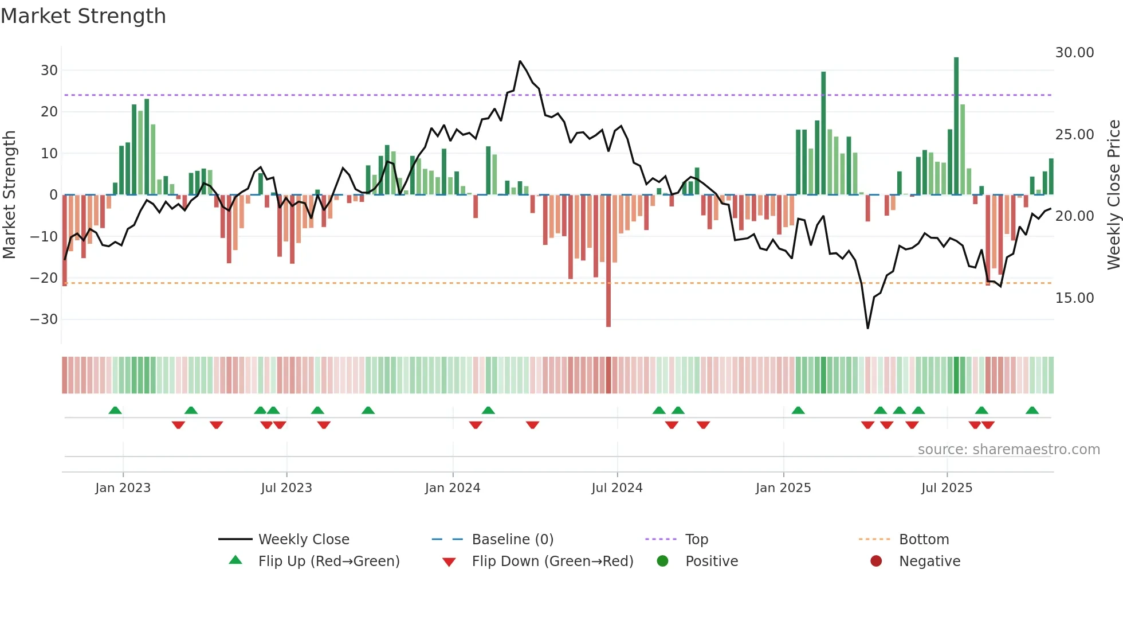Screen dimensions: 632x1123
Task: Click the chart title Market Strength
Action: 84,16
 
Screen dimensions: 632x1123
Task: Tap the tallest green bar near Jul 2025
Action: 956,126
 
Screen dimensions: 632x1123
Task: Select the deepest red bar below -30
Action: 608,261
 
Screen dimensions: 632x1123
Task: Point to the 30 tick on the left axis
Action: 49,71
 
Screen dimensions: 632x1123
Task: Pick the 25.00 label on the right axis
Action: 1074,135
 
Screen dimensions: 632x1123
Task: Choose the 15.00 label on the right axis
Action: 1074,298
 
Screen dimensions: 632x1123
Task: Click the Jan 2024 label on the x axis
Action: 453,488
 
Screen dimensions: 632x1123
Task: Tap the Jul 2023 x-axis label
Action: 286,488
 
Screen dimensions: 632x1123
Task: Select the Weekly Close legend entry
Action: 304,540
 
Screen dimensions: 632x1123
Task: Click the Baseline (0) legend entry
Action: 512,540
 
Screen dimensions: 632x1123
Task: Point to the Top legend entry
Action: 697,540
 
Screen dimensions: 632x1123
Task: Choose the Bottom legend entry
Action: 924,540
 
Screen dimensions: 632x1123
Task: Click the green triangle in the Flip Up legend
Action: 235,560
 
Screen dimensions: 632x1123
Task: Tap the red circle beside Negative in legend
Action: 876,561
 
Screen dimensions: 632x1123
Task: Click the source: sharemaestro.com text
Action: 1008,450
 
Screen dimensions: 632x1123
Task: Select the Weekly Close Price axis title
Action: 1113,195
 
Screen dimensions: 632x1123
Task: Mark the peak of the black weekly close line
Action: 520,61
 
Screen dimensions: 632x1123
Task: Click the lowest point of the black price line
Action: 868,328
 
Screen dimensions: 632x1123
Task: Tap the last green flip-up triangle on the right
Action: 1032,411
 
